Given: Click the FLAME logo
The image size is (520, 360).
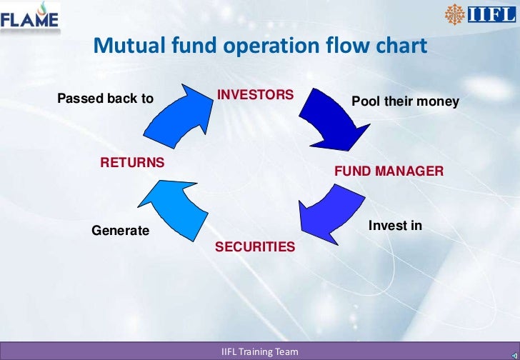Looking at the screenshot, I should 29,17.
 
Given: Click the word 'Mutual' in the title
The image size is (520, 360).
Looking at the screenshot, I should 129,46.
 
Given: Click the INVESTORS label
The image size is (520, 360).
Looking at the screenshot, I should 255,95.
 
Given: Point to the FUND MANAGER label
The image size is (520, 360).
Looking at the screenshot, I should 389,171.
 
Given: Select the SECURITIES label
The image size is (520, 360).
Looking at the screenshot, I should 254,246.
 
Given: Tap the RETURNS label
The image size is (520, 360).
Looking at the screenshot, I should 132,162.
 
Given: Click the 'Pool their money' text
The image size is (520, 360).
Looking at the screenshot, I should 405,103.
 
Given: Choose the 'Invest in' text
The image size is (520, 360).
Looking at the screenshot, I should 395,226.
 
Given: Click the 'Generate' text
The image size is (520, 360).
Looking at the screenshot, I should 120,231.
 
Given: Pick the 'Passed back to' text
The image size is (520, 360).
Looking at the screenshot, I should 105,99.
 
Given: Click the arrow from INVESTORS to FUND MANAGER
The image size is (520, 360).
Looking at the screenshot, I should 325,118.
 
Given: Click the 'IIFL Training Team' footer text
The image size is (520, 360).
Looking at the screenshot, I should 260,352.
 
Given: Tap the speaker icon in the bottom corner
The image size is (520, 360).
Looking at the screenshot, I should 512,354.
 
